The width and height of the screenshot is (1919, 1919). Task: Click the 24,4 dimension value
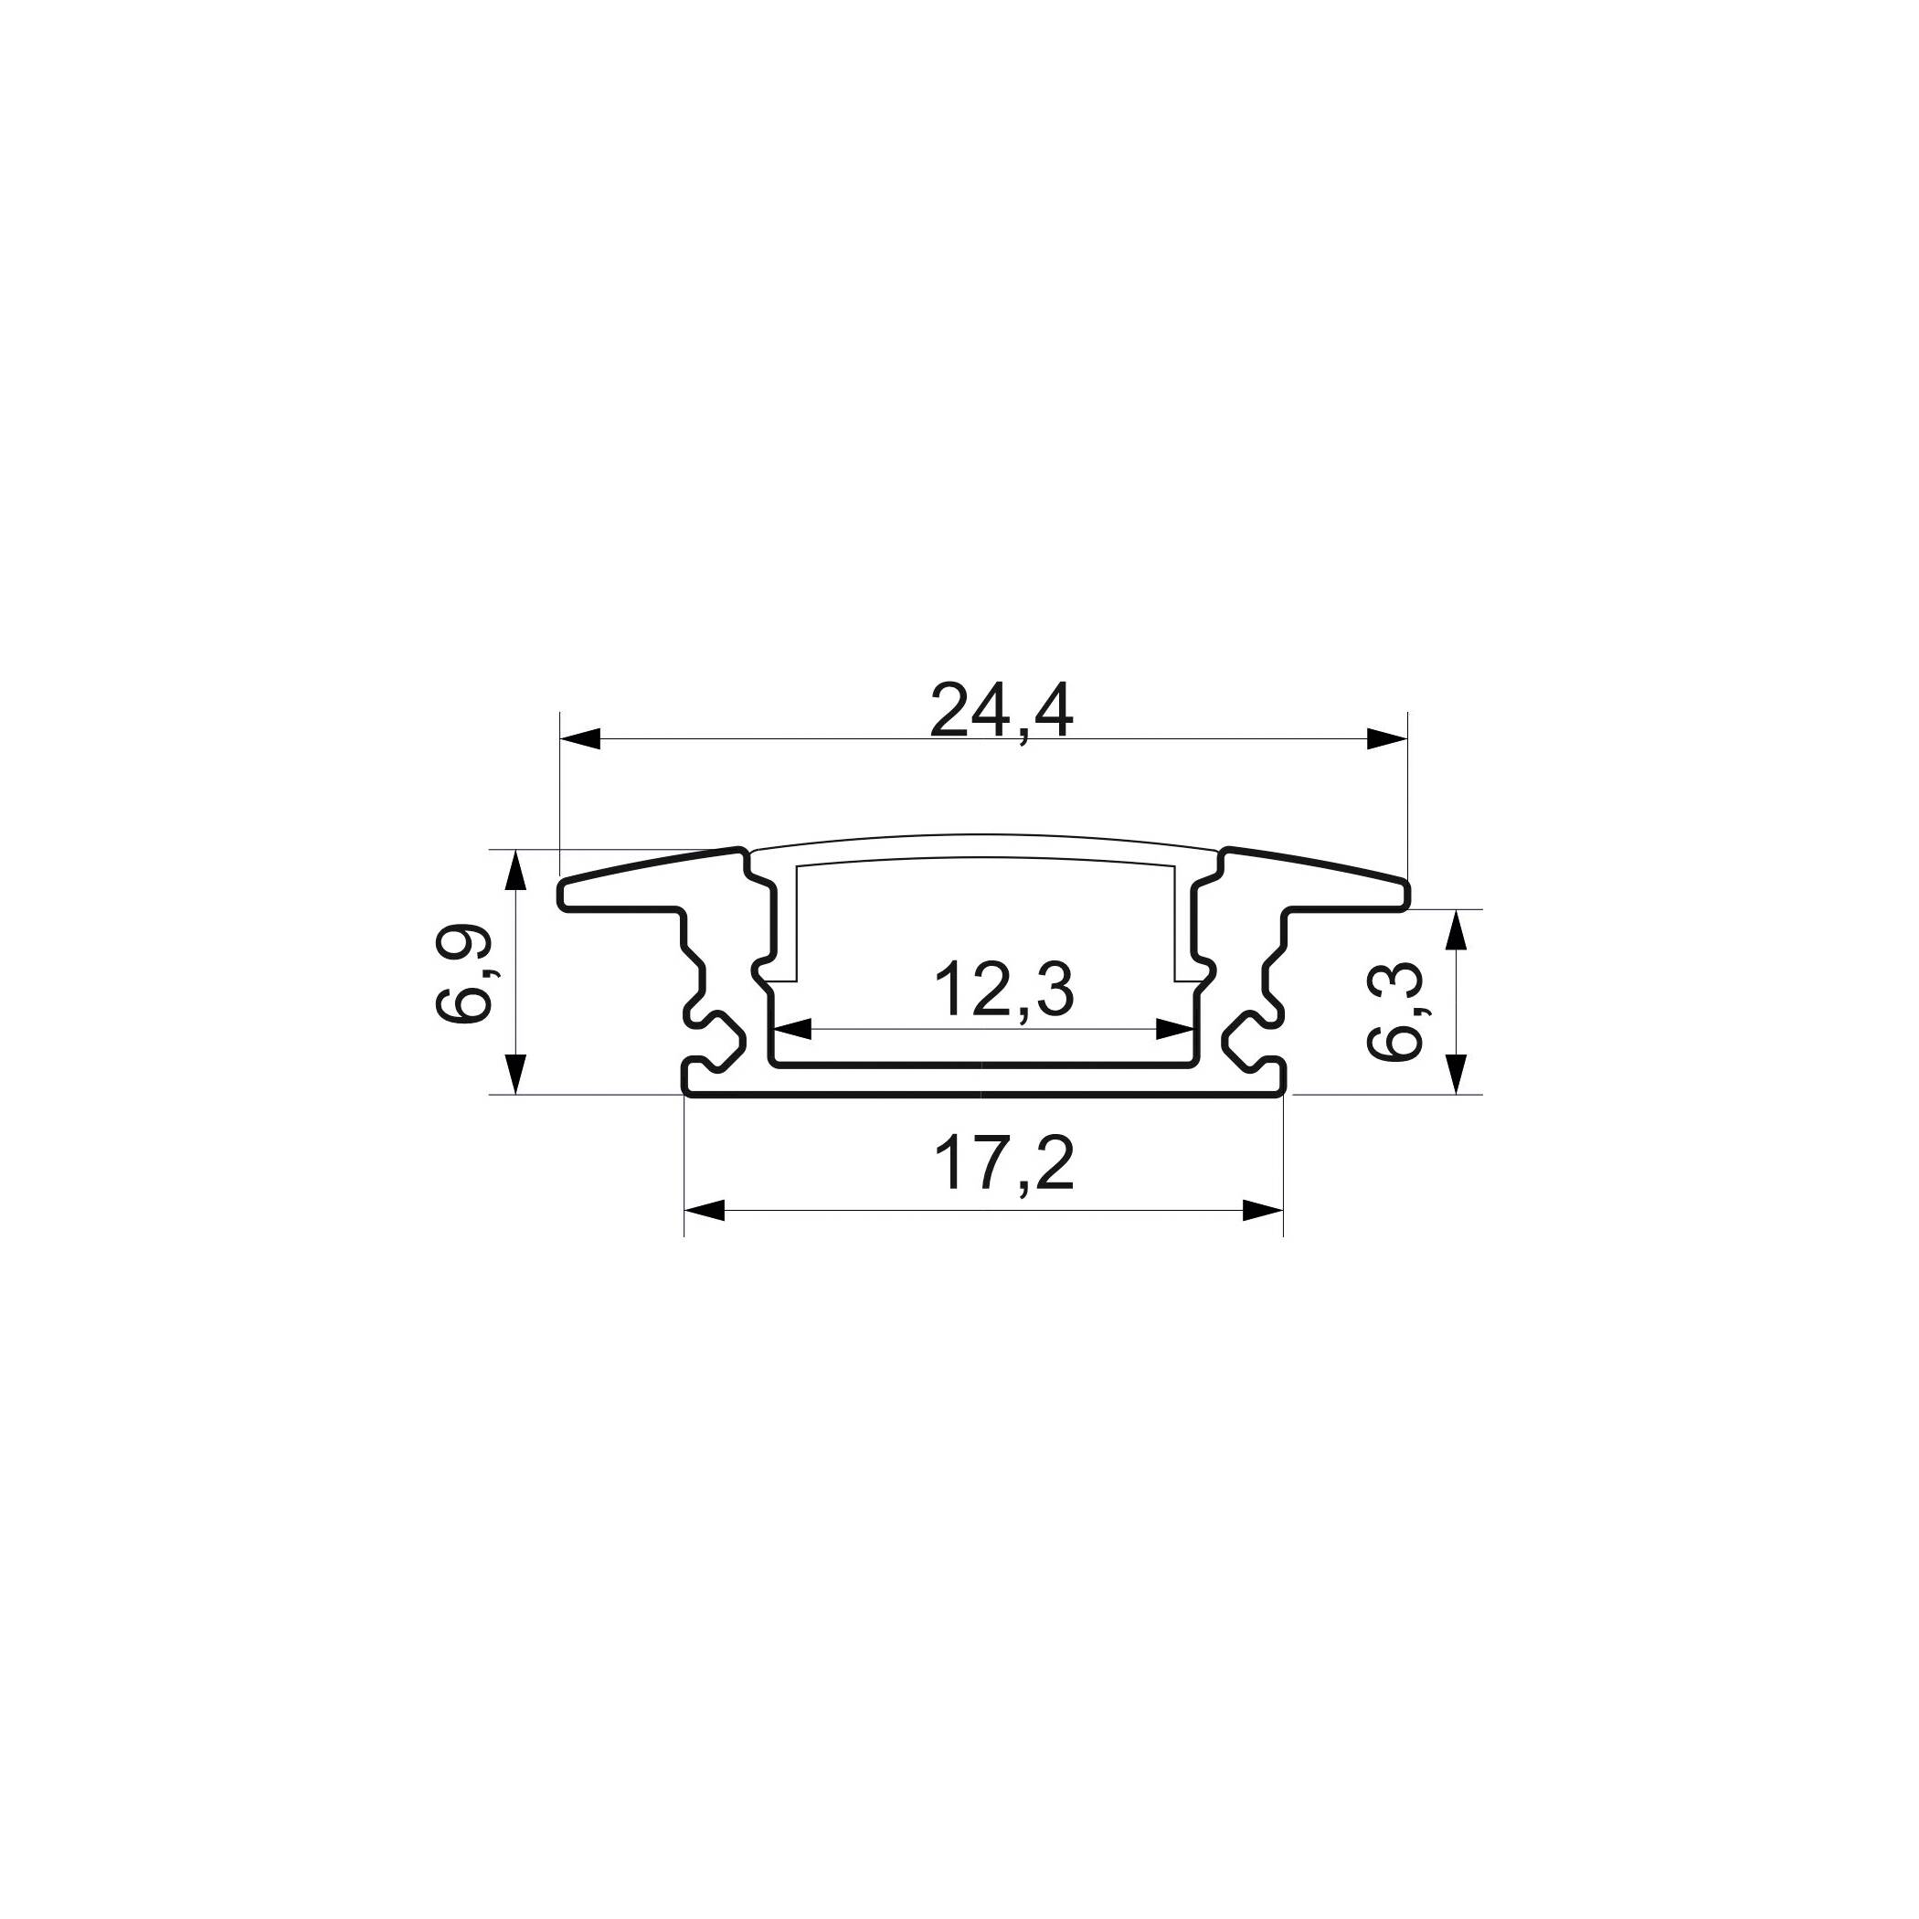[x=1002, y=711]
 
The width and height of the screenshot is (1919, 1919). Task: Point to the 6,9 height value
[x=464, y=973]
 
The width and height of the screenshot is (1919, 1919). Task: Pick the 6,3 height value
[x=1396, y=1014]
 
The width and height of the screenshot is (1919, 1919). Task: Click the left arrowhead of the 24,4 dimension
[x=581, y=739]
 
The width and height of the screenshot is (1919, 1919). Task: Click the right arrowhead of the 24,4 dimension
[x=1387, y=739]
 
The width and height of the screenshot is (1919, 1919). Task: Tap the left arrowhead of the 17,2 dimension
[x=705, y=1210]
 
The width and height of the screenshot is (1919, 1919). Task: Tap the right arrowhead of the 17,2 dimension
[x=1263, y=1210]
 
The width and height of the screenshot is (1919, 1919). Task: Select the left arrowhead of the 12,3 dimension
[x=792, y=1030]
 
